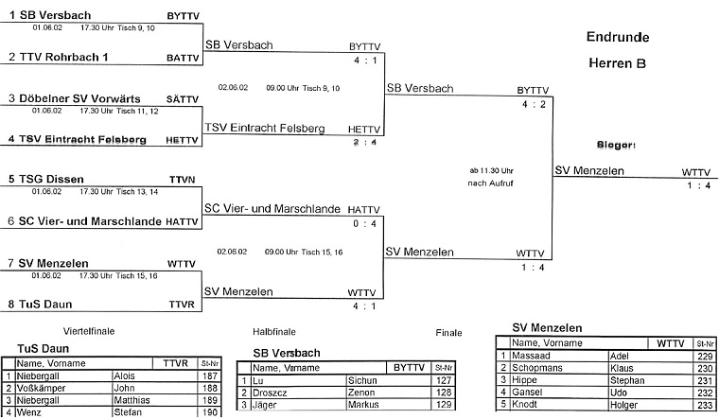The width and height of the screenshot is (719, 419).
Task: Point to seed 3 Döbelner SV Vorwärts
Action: (x=78, y=98)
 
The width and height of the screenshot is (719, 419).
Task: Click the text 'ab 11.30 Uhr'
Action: (x=490, y=170)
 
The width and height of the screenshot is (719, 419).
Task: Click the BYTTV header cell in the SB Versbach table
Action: (x=409, y=367)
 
